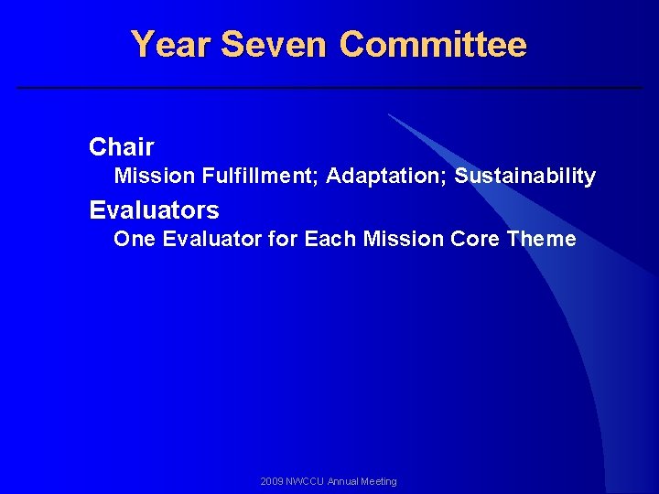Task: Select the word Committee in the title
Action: click(433, 44)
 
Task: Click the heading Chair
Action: click(122, 146)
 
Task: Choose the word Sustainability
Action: click(524, 176)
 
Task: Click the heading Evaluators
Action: click(154, 210)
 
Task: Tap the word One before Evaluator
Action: click(135, 240)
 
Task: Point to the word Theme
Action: click(541, 240)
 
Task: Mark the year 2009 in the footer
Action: click(272, 481)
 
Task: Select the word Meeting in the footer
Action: click(381, 481)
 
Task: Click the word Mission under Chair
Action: click(147, 176)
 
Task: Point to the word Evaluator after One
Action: click(210, 240)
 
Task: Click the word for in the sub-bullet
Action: click(283, 240)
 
